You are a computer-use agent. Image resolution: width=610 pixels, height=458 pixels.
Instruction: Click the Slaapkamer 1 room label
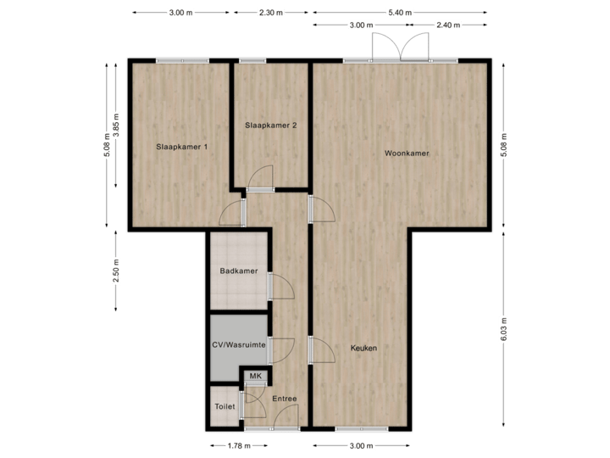coord(181,147)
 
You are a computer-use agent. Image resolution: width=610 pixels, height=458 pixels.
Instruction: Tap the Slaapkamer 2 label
coord(271,126)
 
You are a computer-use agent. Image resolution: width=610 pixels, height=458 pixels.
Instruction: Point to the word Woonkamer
coord(406,154)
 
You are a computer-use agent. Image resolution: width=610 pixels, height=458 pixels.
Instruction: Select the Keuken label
coord(363,348)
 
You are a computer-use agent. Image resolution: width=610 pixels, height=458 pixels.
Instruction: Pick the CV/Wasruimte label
coord(239,345)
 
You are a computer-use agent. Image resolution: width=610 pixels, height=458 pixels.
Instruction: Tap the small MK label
coord(255,376)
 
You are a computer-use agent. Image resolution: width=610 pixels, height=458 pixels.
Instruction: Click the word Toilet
coord(225,406)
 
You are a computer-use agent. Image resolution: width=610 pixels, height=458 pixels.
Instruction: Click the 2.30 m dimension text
coord(271,13)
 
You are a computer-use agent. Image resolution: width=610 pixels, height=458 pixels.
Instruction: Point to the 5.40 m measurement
coord(400,13)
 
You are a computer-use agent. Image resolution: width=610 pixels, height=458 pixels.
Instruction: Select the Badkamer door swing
coord(282,286)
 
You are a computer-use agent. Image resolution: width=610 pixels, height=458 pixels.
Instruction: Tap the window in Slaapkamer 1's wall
coord(181,59)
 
